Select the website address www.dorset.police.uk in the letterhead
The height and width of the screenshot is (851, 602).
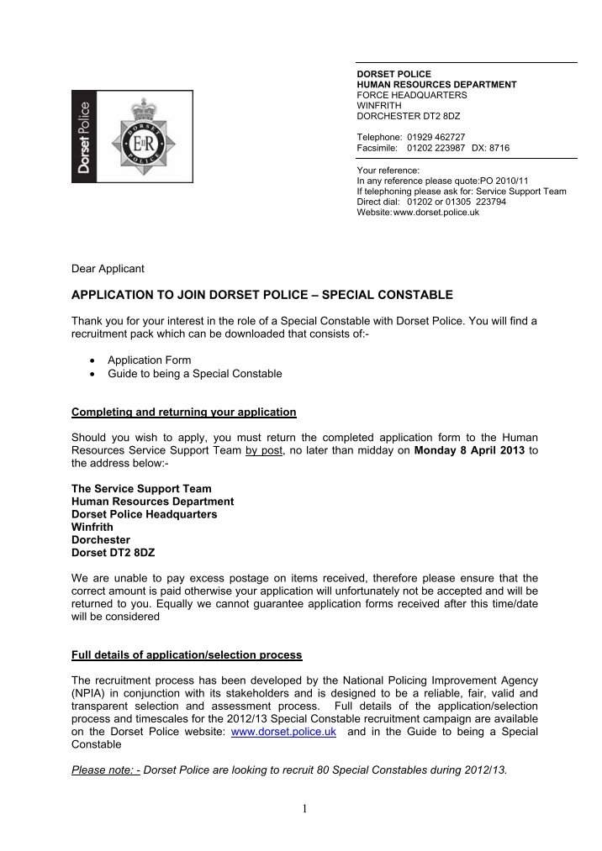click(436, 213)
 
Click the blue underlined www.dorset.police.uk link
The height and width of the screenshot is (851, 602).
click(284, 733)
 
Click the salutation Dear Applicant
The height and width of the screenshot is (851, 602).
click(108, 269)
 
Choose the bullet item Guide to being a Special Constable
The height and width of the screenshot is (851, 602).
click(194, 374)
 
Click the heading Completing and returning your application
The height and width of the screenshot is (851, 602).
click(184, 412)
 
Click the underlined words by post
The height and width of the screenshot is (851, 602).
click(264, 450)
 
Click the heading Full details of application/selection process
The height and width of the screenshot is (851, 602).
click(187, 654)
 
